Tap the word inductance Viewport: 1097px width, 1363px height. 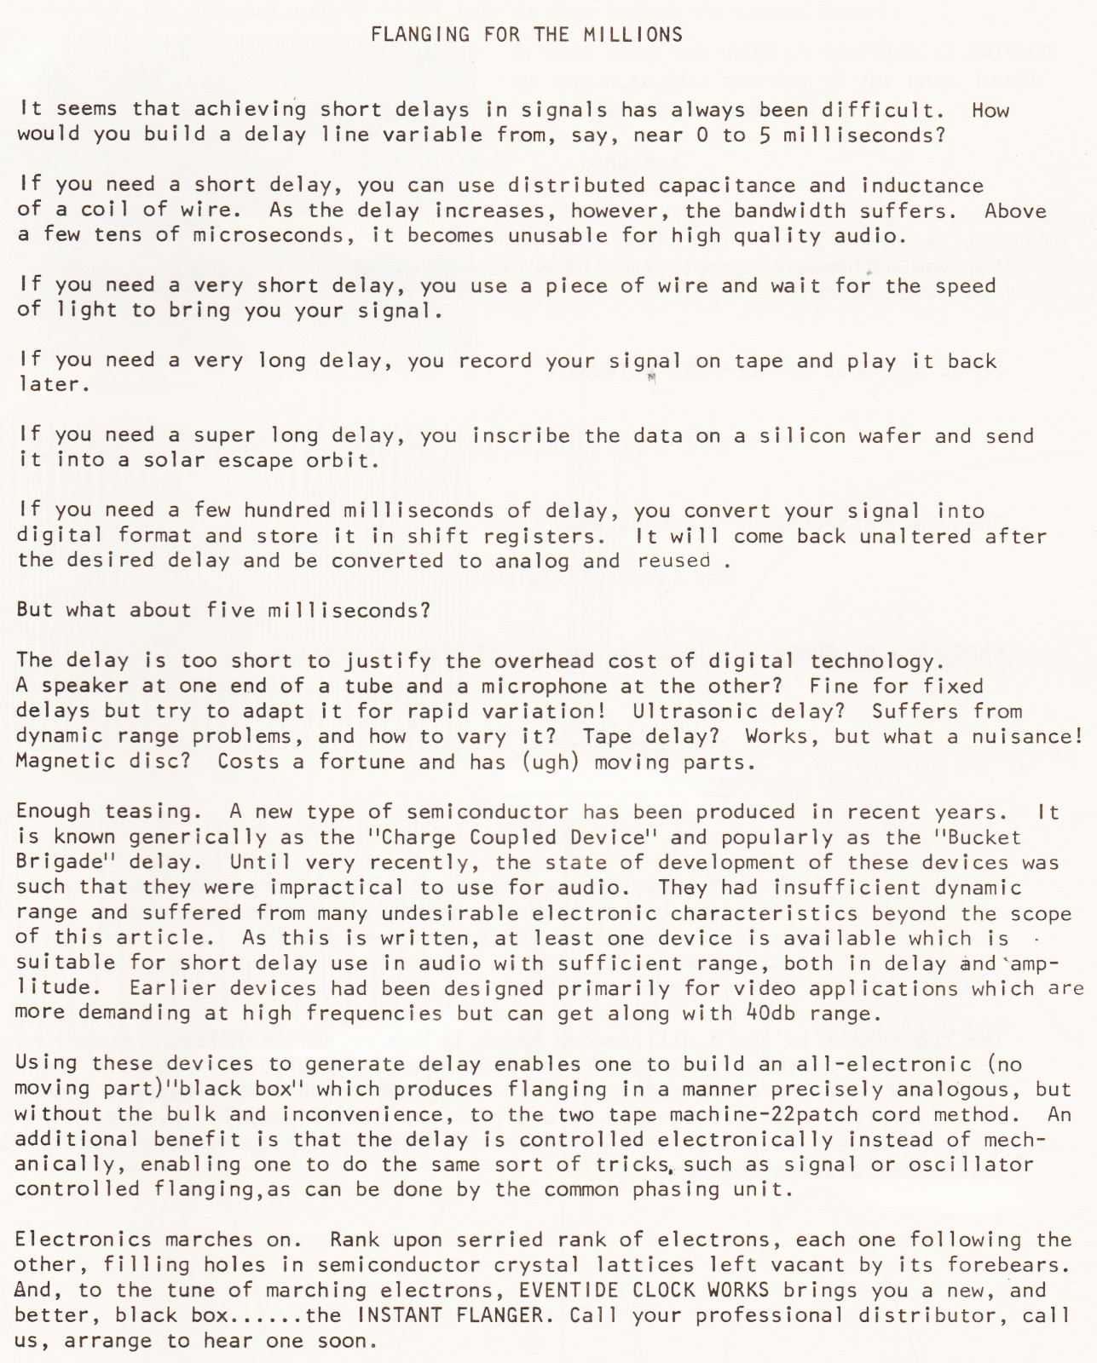click(923, 186)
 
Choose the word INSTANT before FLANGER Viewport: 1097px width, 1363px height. click(401, 1315)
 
